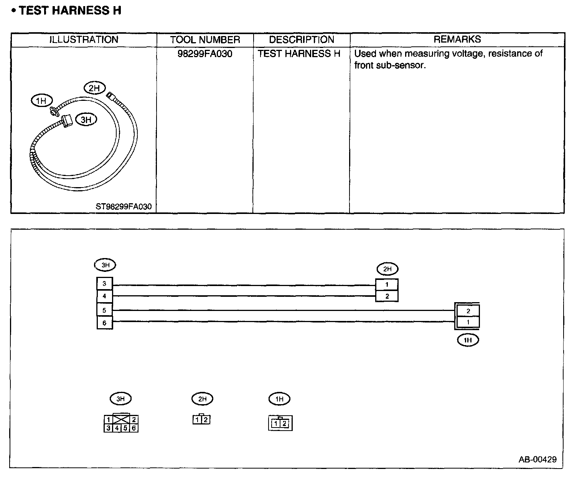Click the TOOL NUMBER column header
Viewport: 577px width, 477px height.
pos(205,40)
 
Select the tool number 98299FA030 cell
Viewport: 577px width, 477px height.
pos(205,54)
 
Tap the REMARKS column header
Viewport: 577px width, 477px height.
pos(457,39)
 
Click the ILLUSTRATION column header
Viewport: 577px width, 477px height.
pos(84,39)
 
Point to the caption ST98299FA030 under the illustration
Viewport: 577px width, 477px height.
pos(124,207)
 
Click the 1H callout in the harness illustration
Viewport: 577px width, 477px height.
pos(41,100)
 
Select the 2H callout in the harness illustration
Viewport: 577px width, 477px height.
pos(94,88)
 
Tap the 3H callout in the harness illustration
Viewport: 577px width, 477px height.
pos(86,120)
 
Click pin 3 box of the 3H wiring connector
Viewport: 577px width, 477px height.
pos(104,283)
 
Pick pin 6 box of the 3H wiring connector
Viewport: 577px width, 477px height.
pos(104,323)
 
